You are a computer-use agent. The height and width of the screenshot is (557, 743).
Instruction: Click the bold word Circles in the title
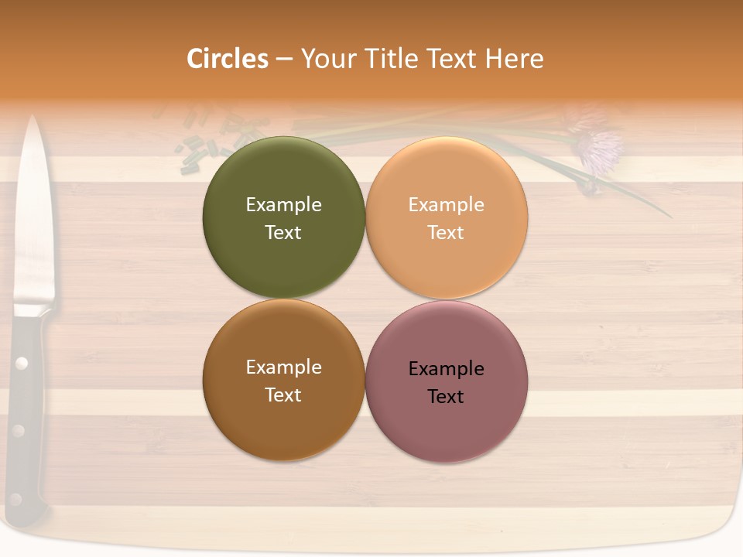(x=228, y=59)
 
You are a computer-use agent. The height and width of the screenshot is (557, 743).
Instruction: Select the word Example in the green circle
(x=283, y=205)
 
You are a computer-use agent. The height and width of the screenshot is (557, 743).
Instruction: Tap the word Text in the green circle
(x=283, y=233)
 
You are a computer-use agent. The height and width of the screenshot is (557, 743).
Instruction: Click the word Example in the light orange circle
(x=446, y=205)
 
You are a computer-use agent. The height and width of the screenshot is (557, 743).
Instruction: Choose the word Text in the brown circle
(x=283, y=395)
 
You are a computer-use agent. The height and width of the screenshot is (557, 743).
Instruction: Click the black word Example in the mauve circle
(x=446, y=369)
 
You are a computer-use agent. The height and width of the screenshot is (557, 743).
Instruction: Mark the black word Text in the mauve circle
(x=446, y=397)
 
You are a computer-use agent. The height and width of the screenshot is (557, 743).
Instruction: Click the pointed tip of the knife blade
(x=33, y=118)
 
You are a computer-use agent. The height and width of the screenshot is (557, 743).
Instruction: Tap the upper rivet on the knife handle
(x=22, y=362)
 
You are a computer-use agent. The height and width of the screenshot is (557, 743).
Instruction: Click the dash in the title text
(x=284, y=60)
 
